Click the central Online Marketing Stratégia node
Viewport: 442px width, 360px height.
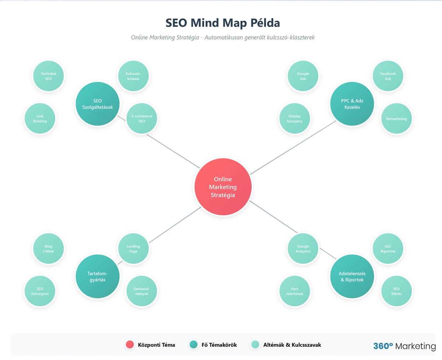(223, 187)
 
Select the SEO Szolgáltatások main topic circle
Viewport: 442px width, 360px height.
(98, 104)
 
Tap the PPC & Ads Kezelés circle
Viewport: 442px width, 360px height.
(352, 104)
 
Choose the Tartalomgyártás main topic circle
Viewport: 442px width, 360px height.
(98, 276)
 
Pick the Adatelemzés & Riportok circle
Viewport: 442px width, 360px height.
(352, 276)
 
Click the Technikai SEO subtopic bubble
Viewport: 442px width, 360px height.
(48, 76)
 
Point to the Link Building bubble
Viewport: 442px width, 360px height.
(40, 119)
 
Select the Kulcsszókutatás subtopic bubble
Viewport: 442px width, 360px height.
(133, 76)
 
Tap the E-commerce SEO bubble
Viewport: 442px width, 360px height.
(142, 119)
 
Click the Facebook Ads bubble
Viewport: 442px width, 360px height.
(388, 76)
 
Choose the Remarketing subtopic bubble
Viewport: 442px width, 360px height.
(396, 119)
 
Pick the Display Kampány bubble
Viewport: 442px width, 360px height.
(295, 119)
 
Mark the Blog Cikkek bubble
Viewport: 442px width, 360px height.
(48, 249)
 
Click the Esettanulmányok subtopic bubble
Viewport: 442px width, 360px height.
(142, 291)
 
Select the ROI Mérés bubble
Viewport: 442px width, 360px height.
(396, 291)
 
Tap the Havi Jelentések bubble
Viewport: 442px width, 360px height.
(295, 291)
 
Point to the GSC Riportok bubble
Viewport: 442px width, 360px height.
(388, 249)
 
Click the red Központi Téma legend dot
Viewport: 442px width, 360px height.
(129, 345)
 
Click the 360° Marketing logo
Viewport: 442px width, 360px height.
(404, 346)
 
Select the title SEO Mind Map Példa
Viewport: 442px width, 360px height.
(223, 23)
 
